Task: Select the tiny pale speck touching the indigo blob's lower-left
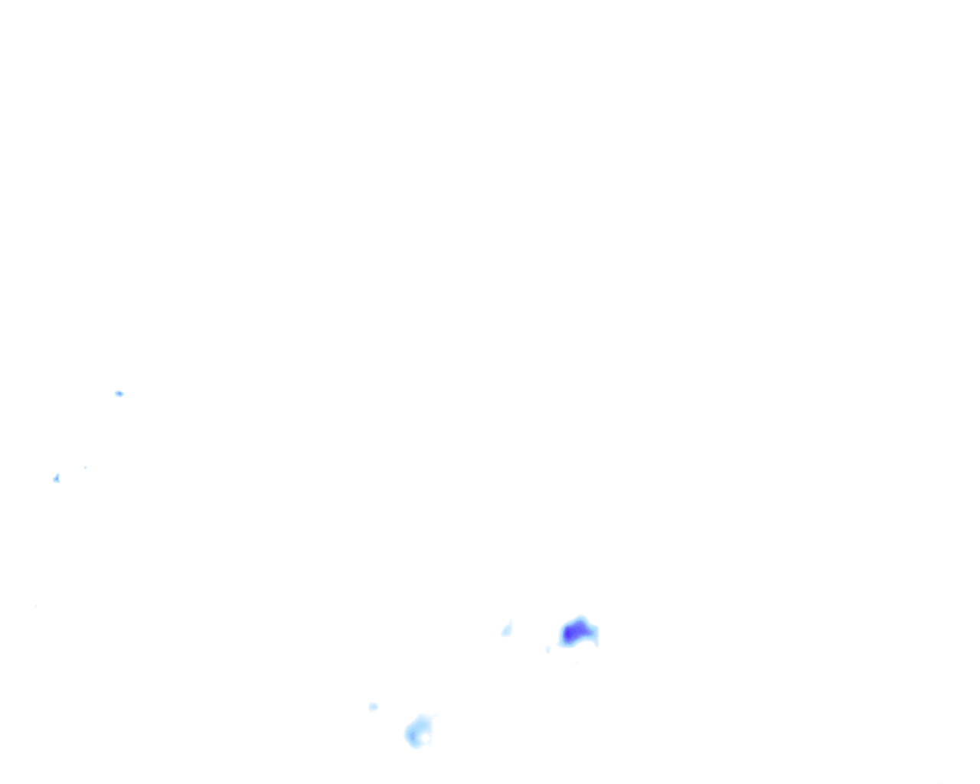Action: coord(548,649)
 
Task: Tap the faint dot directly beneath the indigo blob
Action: coord(576,663)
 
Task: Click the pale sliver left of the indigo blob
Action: coord(506,630)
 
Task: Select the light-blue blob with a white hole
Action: coord(418,732)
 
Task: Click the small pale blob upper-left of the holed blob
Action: coord(373,707)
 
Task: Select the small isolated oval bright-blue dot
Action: coord(119,394)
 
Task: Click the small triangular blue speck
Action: coord(56,479)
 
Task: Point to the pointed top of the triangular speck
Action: coord(57,475)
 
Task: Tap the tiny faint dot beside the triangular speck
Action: coord(85,467)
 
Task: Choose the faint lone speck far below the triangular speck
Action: coord(35,606)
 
